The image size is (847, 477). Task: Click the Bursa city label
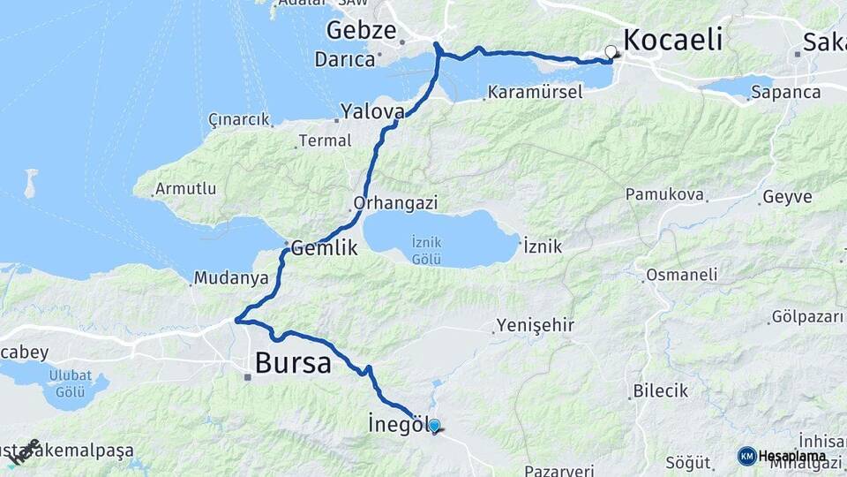click(x=293, y=362)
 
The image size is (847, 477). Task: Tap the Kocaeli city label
click(x=673, y=40)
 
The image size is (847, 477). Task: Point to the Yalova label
click(x=373, y=112)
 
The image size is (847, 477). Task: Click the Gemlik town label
click(x=325, y=248)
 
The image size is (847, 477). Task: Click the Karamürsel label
click(x=532, y=92)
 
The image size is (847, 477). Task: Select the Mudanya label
click(x=231, y=278)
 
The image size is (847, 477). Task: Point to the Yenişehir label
click(x=536, y=325)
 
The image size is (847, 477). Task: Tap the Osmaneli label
click(x=681, y=275)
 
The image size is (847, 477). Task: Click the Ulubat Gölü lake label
click(x=70, y=382)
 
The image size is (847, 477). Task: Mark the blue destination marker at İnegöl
click(x=434, y=426)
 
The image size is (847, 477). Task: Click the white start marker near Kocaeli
click(x=611, y=51)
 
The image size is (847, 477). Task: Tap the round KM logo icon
click(x=746, y=456)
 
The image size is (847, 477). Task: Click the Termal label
click(x=325, y=140)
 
